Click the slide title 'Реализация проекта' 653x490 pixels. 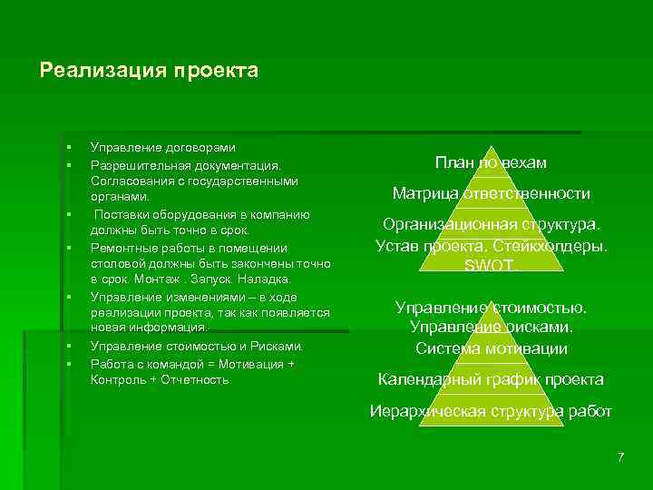click(x=150, y=71)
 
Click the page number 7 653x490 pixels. click(x=620, y=456)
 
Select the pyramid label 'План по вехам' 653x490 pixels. click(x=491, y=162)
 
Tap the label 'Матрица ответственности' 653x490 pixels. click(x=491, y=193)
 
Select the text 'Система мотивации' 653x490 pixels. click(x=491, y=348)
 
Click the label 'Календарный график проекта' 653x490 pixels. click(x=491, y=379)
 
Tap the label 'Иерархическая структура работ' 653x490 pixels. click(x=491, y=411)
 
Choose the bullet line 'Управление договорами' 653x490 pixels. click(x=163, y=147)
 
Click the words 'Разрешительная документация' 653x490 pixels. click(x=185, y=165)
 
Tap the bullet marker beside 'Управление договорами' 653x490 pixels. click(x=67, y=147)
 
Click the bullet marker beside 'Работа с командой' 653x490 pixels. click(x=67, y=363)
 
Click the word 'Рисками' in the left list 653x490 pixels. click(x=278, y=347)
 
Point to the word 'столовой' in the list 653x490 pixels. click(x=113, y=264)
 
